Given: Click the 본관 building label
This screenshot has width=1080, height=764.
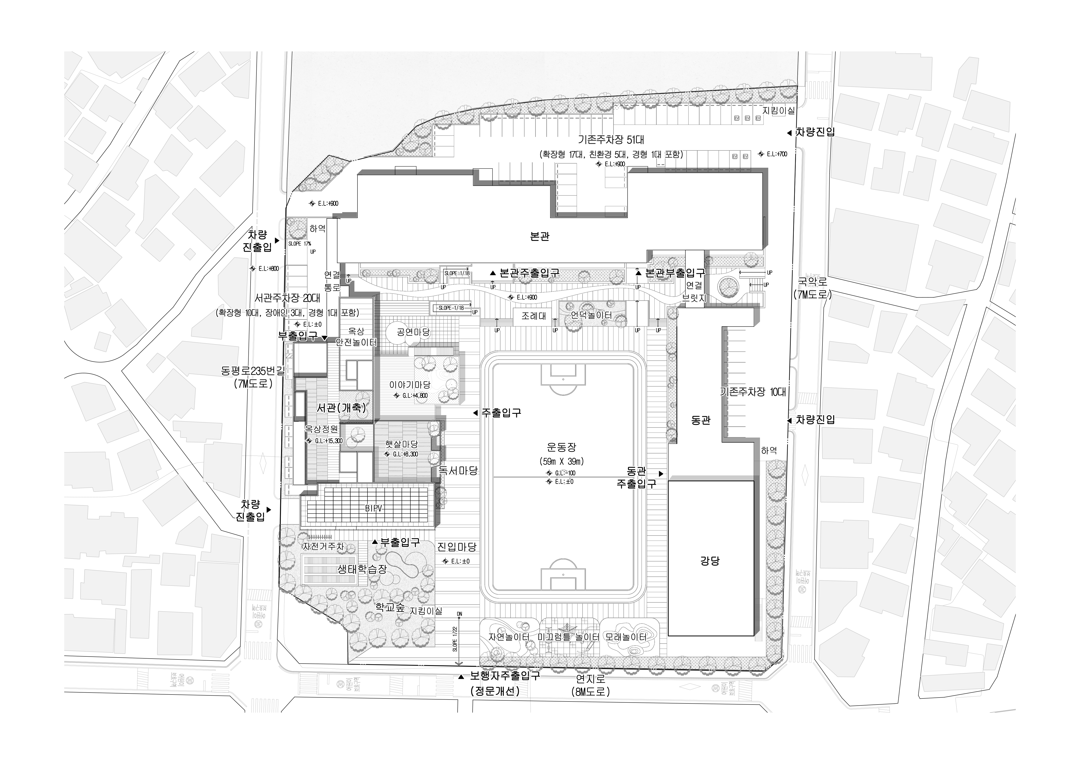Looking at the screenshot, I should tap(539, 236).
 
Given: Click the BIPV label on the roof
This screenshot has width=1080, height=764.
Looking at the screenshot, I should tap(374, 509).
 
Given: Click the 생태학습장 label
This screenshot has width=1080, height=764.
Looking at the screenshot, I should tap(362, 569).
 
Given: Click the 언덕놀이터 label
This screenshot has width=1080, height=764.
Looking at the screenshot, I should tap(591, 315).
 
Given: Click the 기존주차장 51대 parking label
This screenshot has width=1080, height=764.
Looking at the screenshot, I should tap(611, 140).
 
